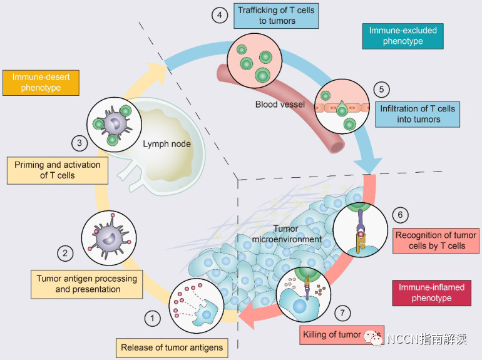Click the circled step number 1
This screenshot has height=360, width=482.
(152, 319)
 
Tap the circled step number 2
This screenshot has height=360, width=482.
(65, 253)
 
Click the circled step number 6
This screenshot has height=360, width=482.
(400, 215)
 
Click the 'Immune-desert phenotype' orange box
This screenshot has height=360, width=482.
(41, 82)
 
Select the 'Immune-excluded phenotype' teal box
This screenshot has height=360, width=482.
(403, 36)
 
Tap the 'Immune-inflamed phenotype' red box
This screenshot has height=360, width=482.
(431, 292)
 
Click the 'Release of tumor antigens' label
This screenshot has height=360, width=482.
(172, 347)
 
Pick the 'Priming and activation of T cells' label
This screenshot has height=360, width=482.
(58, 170)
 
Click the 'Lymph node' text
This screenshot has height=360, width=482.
(167, 144)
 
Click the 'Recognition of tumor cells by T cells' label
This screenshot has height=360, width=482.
(436, 240)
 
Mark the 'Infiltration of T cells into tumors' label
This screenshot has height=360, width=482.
(418, 114)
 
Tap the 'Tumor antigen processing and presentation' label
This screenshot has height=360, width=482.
(87, 283)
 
